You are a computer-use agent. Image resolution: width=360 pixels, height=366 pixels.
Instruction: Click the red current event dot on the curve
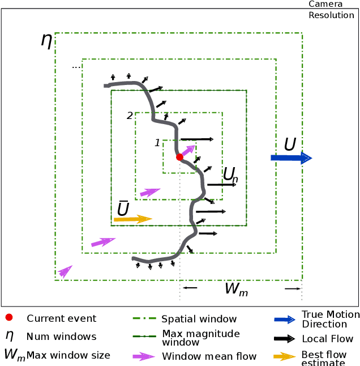tap(179, 157)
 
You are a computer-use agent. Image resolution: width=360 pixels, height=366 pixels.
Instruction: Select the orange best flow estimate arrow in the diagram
tap(133, 219)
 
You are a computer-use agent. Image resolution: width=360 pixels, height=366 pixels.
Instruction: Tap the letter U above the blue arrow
tap(290, 145)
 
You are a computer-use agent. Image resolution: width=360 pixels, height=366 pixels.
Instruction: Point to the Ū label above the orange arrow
tap(123, 208)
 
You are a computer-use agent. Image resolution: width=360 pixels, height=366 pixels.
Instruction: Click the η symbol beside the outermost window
tap(46, 40)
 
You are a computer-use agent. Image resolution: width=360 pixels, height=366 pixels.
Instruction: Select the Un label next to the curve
tap(230, 175)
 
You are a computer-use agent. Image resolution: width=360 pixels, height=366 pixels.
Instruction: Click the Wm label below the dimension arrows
tap(236, 289)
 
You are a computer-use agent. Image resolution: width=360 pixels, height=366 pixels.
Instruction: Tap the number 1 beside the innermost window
tap(157, 143)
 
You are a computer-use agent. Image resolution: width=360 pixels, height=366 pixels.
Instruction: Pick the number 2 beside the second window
tap(130, 116)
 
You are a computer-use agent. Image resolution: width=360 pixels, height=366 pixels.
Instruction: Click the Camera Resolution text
tap(331, 10)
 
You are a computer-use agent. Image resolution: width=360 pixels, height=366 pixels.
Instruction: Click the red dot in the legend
tap(10, 318)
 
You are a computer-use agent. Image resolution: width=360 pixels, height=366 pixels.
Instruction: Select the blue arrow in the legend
tap(285, 320)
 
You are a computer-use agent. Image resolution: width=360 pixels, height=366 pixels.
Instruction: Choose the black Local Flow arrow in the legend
tap(285, 339)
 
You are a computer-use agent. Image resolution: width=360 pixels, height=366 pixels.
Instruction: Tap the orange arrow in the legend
tap(285, 356)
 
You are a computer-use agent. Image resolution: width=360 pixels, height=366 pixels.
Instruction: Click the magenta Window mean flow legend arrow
tap(144, 356)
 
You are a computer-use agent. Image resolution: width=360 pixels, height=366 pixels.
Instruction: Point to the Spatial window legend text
tap(199, 319)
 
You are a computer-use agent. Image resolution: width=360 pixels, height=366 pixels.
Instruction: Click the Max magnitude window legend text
tap(200, 338)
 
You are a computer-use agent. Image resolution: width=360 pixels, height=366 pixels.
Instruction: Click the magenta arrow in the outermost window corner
tap(65, 271)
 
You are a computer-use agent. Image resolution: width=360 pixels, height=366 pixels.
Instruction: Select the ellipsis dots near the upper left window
tap(76, 67)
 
